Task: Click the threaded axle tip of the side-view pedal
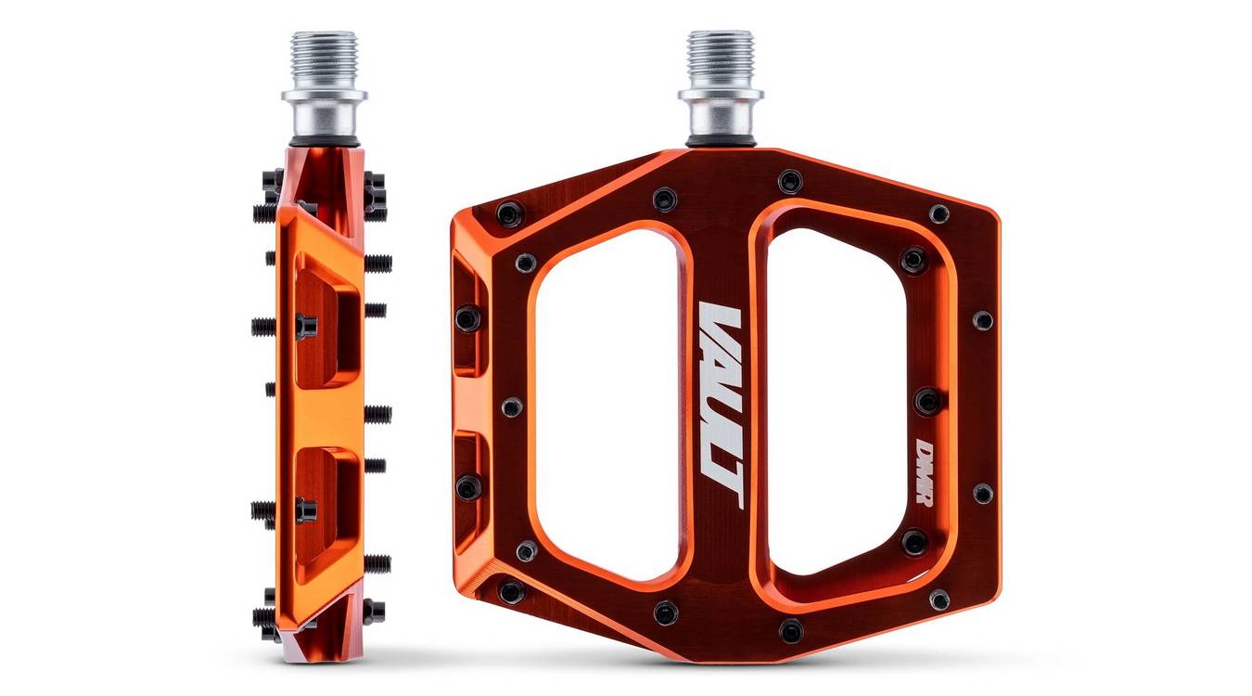[x=323, y=56]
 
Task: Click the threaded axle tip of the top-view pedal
[x=720, y=56]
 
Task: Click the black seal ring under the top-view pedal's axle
[x=720, y=141]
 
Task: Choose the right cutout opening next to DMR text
[x=835, y=404]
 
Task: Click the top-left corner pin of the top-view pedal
[x=509, y=214]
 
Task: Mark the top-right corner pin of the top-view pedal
[x=939, y=214]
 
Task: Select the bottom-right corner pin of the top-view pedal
[x=939, y=599]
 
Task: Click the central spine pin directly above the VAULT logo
[x=664, y=200]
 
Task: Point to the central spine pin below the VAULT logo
[x=665, y=612]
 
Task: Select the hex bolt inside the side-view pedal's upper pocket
[x=305, y=326]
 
